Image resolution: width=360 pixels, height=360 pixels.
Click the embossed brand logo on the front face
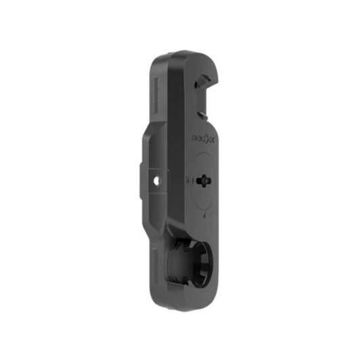202,143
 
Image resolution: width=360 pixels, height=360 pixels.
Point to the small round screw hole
158,181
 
